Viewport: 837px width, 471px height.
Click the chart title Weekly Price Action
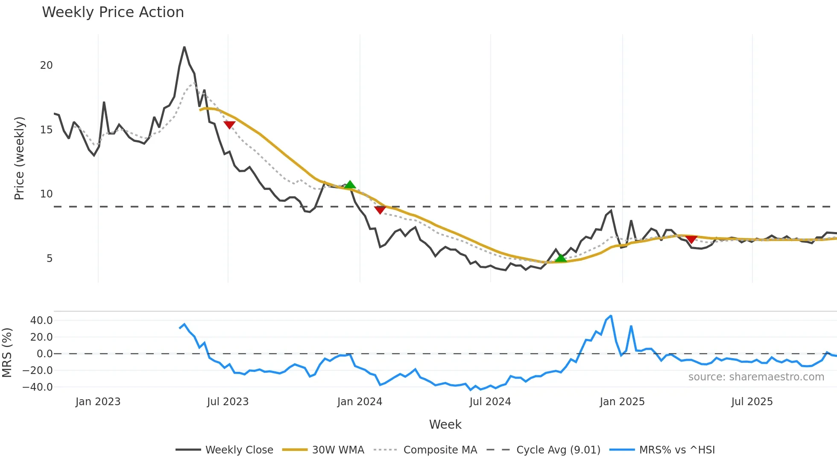pyautogui.click(x=113, y=12)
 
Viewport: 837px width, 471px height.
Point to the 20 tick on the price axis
pyautogui.click(x=47, y=65)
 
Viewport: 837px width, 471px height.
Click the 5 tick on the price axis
pyautogui.click(x=50, y=259)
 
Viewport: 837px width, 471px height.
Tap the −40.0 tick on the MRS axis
pyautogui.click(x=38, y=387)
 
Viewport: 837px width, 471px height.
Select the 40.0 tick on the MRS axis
pyautogui.click(x=41, y=321)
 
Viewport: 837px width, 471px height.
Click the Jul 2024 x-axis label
pyautogui.click(x=490, y=402)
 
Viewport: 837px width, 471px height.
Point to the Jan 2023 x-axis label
pyautogui.click(x=98, y=402)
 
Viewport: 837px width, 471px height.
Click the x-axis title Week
pyautogui.click(x=445, y=424)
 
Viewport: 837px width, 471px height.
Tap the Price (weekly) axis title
pyautogui.click(x=19, y=158)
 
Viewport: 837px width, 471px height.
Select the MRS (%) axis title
pyautogui.click(x=7, y=353)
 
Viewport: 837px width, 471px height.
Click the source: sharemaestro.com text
pyautogui.click(x=756, y=377)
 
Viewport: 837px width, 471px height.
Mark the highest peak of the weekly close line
pyautogui.click(x=184, y=47)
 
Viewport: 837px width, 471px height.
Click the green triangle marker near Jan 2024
pyautogui.click(x=350, y=185)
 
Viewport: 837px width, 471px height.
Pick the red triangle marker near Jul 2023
pyautogui.click(x=229, y=125)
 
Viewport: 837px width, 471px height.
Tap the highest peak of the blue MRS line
pyautogui.click(x=611, y=316)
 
